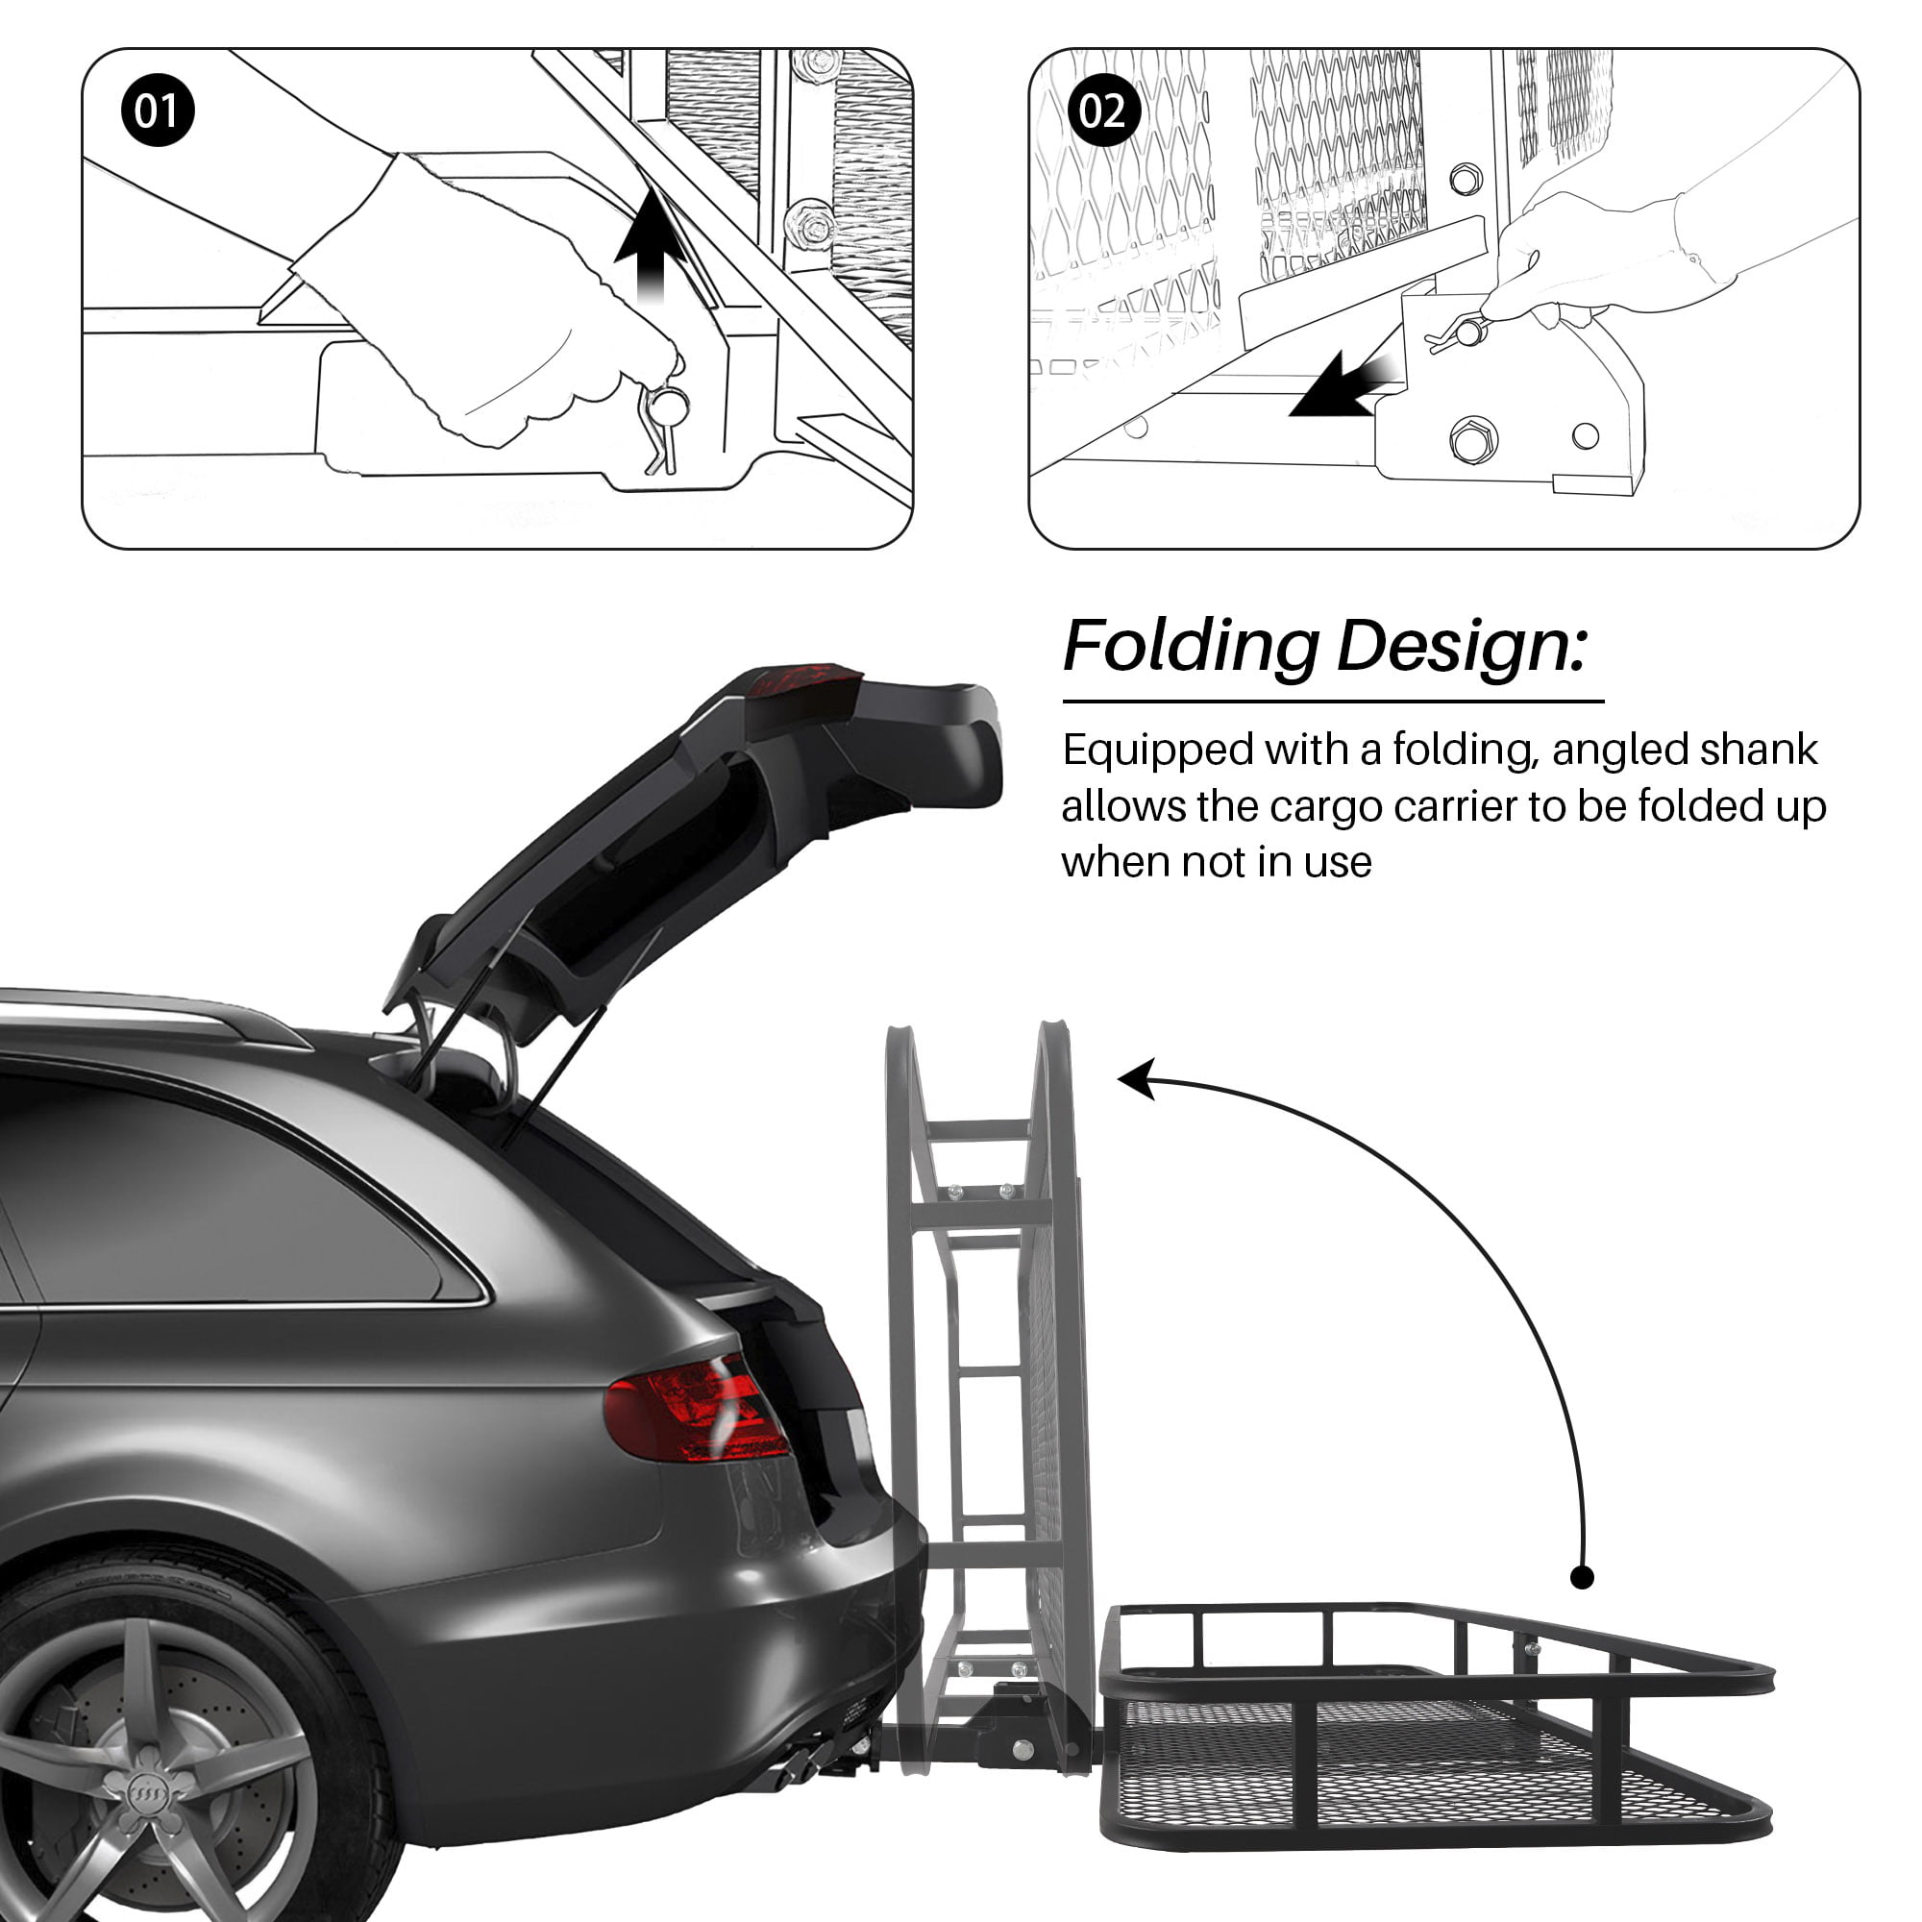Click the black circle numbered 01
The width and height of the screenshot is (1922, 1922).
[x=158, y=111]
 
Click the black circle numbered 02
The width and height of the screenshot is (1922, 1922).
[x=1103, y=111]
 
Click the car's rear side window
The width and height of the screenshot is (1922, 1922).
[x=229, y=1195]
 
